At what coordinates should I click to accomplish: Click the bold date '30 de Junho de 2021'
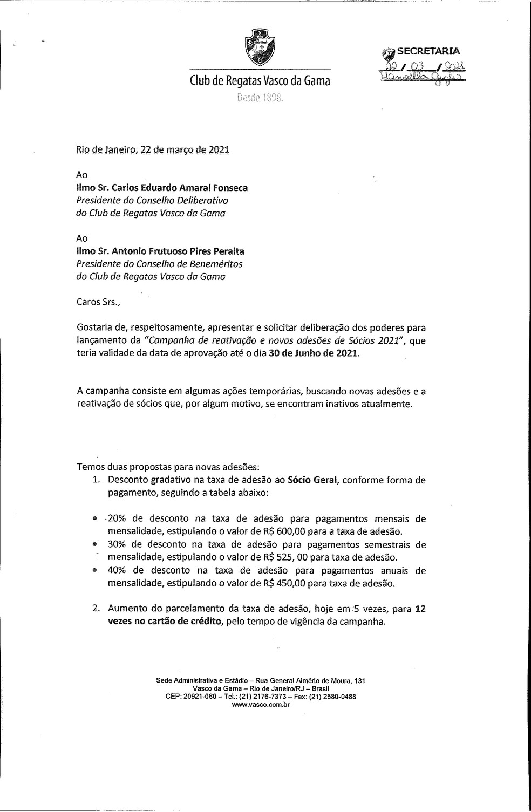[313, 354]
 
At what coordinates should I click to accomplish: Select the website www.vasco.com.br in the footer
[260, 704]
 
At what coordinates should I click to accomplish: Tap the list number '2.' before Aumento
[96, 609]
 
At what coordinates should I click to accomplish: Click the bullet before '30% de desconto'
[94, 545]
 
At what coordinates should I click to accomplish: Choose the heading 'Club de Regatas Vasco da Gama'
[260, 81]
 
